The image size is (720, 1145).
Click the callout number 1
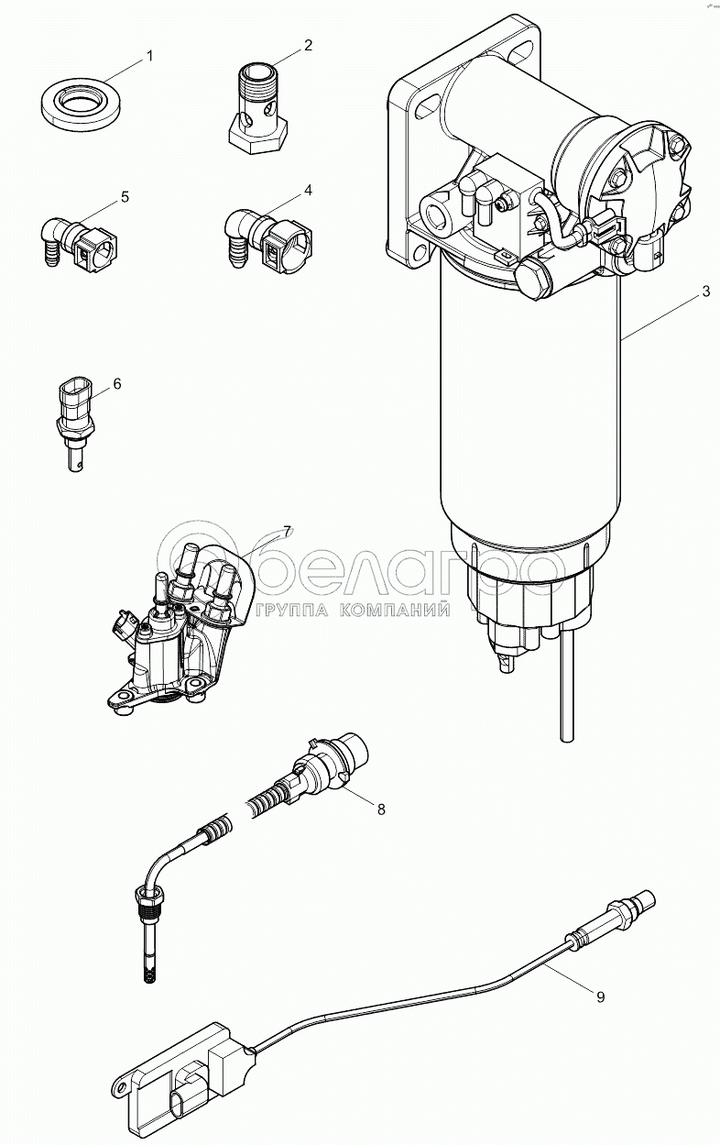tap(150, 56)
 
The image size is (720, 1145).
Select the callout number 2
tap(309, 44)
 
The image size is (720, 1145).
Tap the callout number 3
tap(705, 292)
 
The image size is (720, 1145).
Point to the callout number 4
tap(309, 190)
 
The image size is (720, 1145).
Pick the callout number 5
tap(125, 196)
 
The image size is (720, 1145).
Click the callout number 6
tap(117, 381)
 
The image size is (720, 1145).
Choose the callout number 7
tap(287, 531)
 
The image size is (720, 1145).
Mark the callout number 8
tap(381, 809)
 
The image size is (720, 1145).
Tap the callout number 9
tap(601, 997)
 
